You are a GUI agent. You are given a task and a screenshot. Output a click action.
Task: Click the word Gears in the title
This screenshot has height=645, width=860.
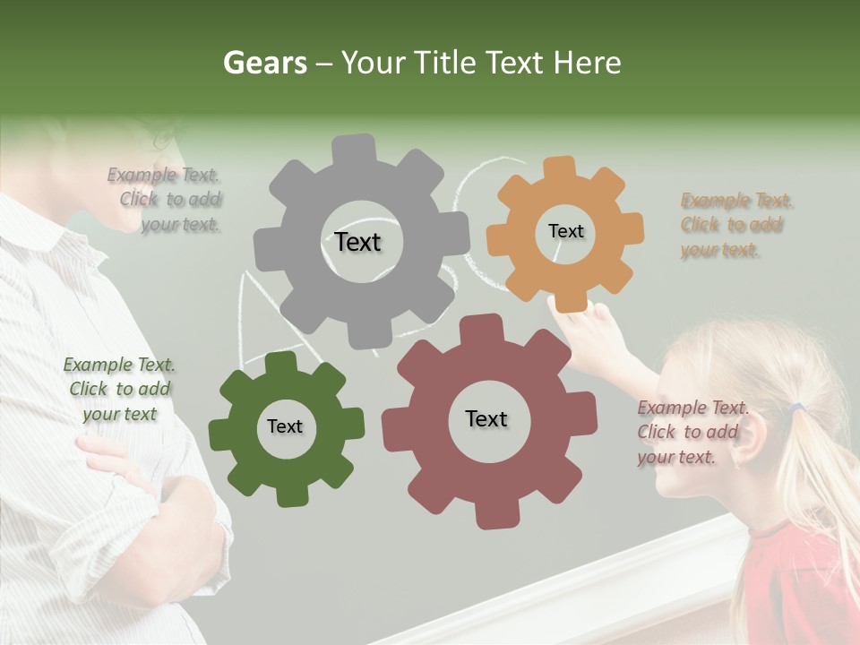(x=265, y=63)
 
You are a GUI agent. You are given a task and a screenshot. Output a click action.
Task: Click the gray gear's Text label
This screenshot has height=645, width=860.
(x=357, y=242)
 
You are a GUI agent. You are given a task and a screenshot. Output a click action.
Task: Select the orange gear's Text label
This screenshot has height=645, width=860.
(x=565, y=231)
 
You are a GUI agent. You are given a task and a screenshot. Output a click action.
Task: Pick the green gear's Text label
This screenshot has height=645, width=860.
(x=285, y=426)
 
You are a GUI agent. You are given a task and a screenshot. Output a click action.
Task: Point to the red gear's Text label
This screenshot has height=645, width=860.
(x=486, y=418)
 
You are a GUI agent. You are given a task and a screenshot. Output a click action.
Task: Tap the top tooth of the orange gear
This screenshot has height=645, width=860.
(x=559, y=168)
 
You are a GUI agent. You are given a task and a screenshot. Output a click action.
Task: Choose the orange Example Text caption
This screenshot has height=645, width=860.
(x=735, y=225)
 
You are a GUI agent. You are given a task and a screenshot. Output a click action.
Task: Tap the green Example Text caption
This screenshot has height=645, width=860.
(x=119, y=389)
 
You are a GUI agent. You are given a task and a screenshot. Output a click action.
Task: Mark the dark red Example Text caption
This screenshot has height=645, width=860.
(x=692, y=433)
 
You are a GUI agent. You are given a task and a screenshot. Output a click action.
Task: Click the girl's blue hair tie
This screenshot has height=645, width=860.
(x=795, y=409)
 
